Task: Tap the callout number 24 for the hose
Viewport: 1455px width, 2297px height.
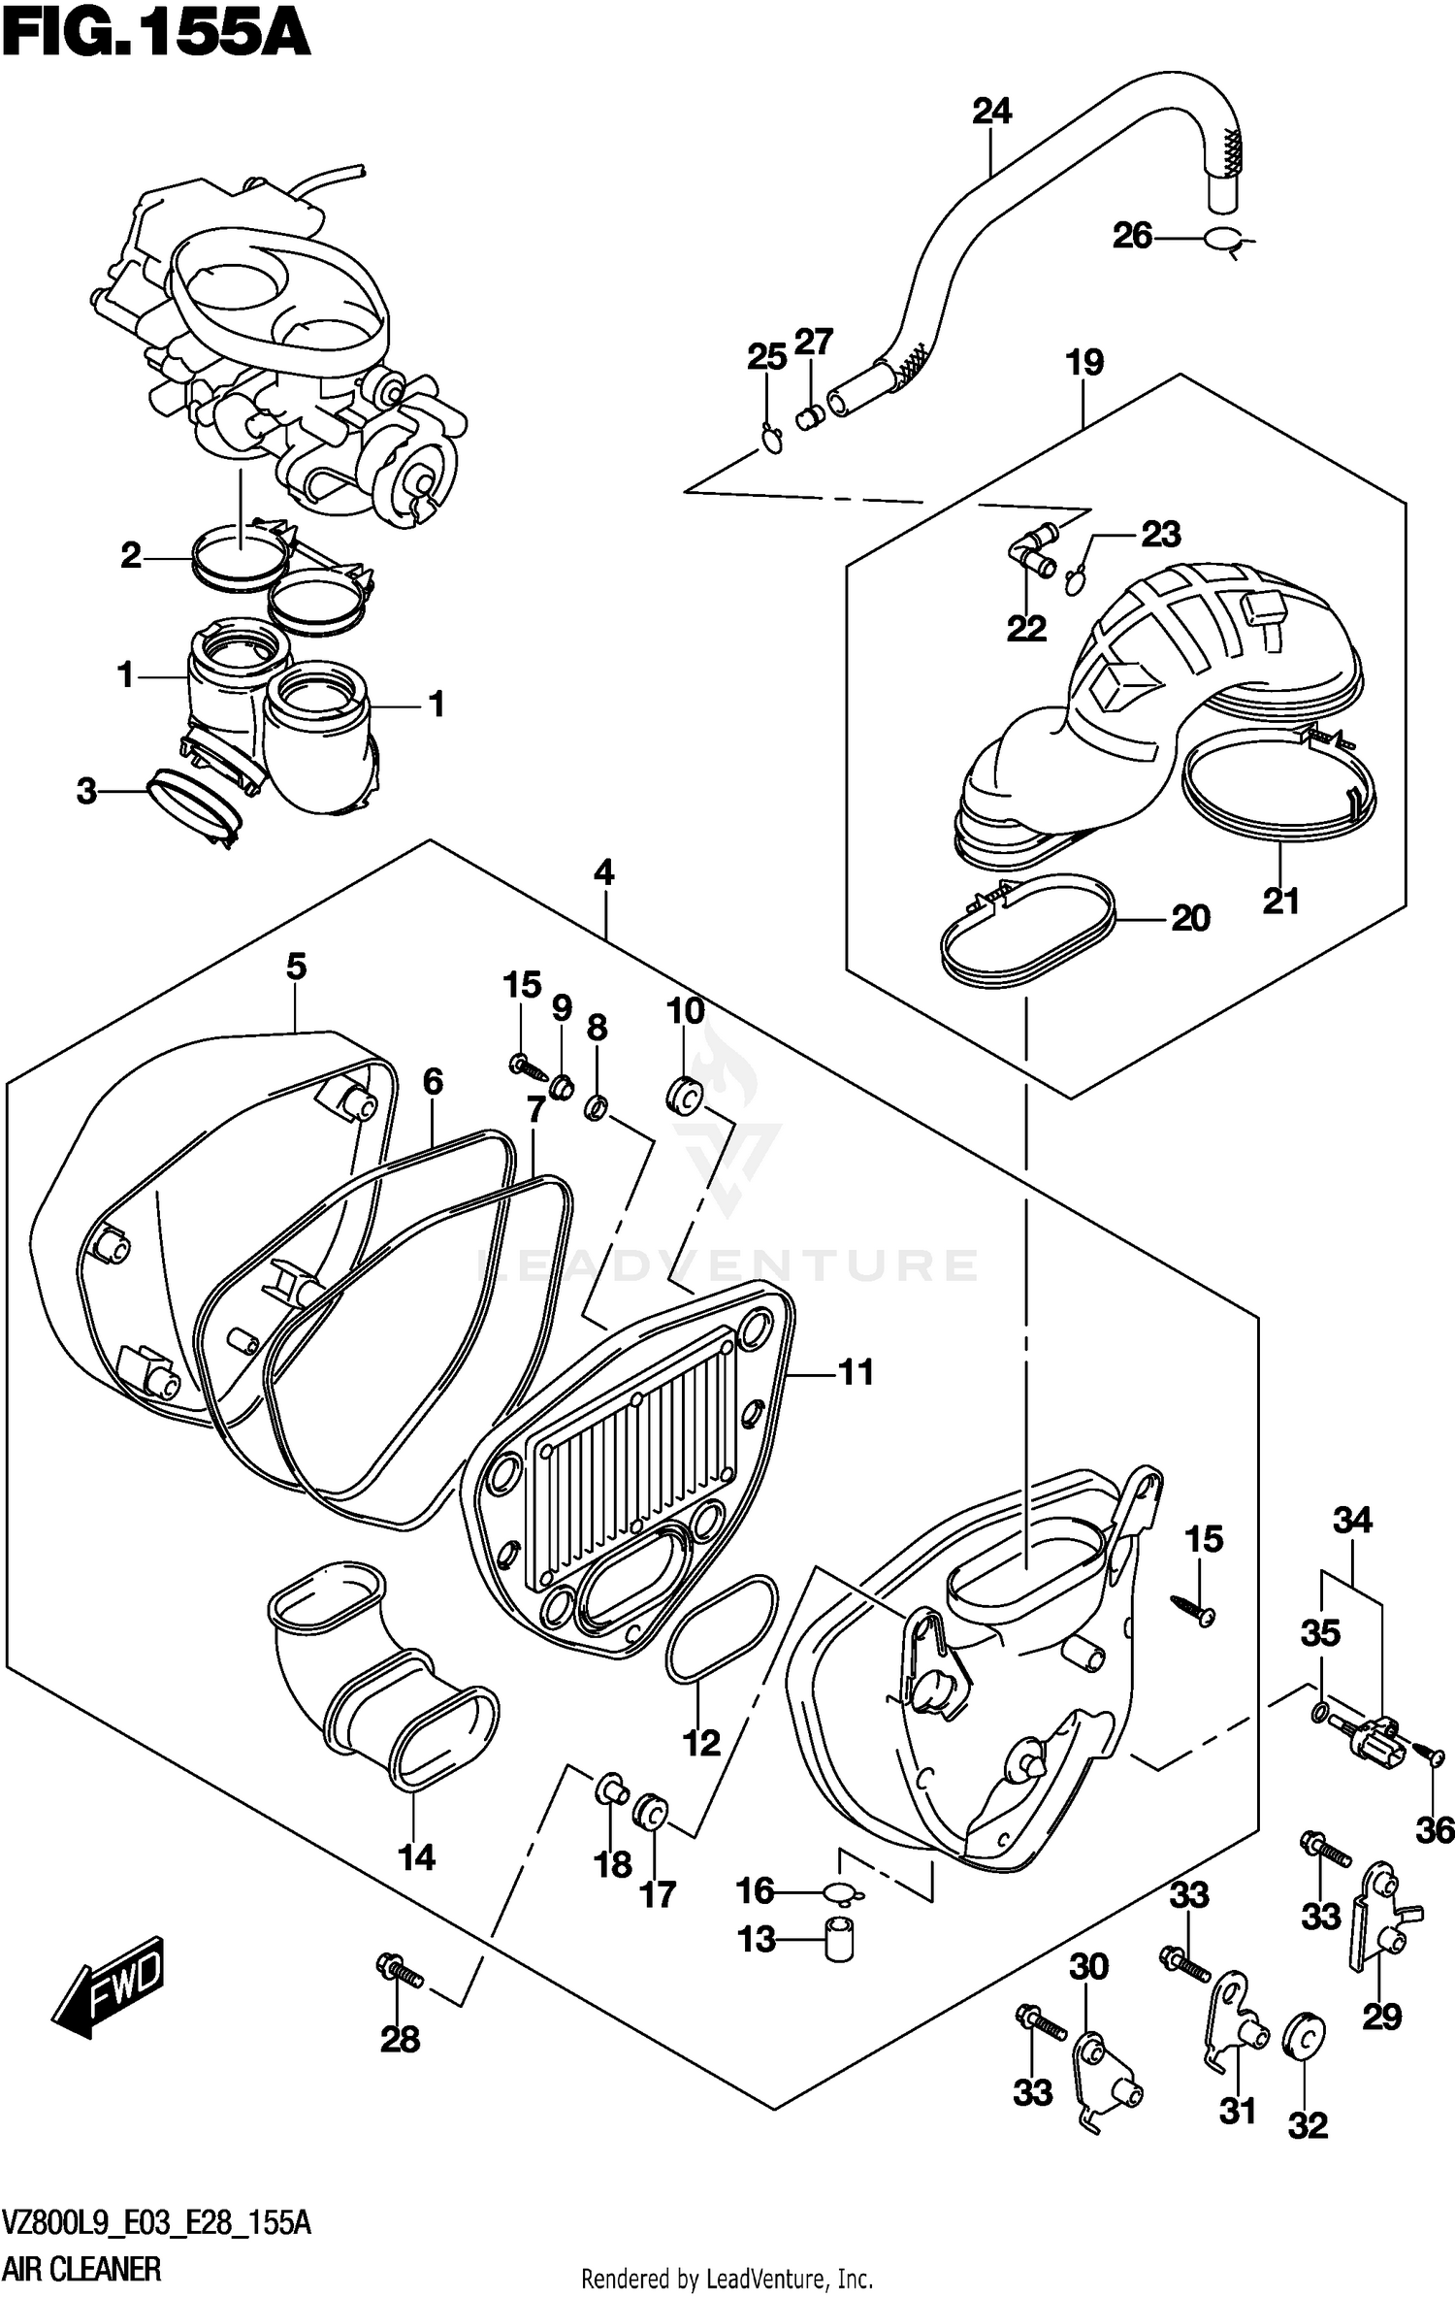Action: pos(991,112)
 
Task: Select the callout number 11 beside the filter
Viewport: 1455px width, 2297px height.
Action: pos(856,1372)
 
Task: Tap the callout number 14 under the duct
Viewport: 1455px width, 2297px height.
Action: pos(416,1857)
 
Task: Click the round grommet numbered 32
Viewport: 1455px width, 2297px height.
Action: pos(1306,2034)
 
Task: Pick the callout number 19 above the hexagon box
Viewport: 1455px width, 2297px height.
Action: pos(1084,363)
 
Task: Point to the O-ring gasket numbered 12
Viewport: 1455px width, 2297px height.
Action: pos(722,1629)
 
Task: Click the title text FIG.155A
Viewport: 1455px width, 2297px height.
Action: pos(155,37)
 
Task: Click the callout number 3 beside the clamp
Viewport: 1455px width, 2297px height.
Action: pos(87,792)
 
